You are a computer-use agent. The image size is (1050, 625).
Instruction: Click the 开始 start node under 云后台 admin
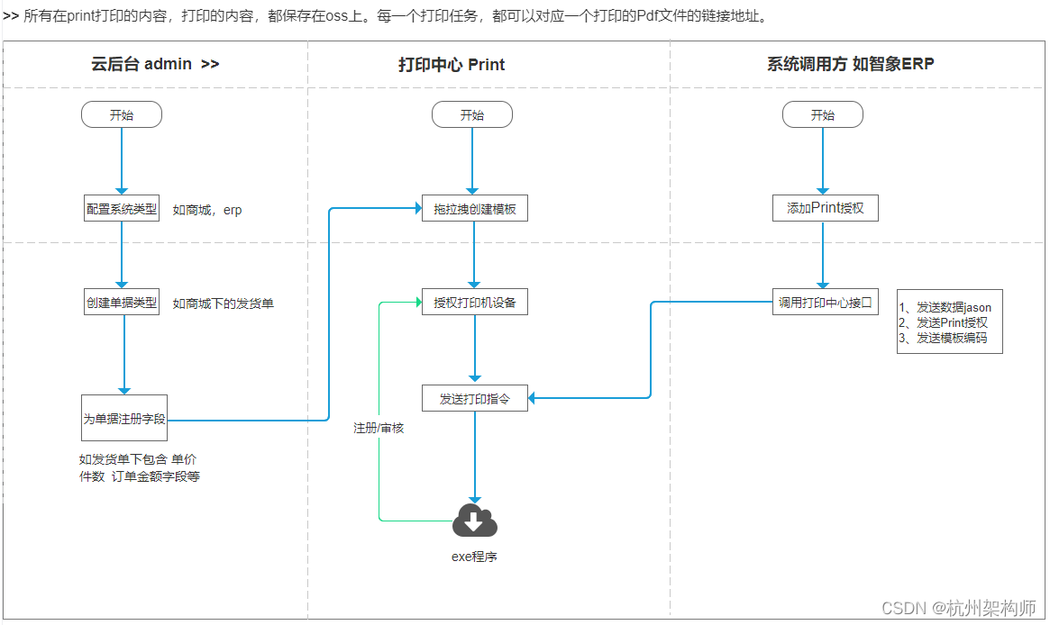coord(121,114)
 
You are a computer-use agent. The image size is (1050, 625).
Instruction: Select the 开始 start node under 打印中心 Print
coord(471,114)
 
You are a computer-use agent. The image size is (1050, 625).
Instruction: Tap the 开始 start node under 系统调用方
coord(822,114)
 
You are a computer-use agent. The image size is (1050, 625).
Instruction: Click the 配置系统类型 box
coord(122,209)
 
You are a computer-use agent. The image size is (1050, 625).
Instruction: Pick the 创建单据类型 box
coord(122,303)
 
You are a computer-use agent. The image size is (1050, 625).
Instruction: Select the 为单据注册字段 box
coord(124,420)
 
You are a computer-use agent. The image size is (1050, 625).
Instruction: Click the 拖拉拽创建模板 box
coord(475,209)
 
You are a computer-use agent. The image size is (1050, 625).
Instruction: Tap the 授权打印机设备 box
coord(475,303)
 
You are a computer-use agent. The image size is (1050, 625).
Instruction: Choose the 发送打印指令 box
coord(475,398)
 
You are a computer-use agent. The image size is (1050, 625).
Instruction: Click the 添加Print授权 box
coord(825,208)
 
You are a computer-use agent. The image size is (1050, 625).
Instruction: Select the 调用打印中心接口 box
coord(826,303)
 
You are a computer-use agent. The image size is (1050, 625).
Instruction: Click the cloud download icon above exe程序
coord(475,521)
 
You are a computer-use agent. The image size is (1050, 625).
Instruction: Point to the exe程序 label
coord(474,557)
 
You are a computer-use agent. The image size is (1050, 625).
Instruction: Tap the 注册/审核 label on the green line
coord(379,428)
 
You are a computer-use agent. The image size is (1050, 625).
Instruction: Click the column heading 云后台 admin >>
coord(155,64)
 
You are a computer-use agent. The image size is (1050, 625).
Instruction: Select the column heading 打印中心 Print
coord(452,65)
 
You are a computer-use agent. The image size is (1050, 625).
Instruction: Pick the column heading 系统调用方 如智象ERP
coord(850,64)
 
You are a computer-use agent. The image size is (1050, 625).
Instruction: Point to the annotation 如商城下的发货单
coord(223,303)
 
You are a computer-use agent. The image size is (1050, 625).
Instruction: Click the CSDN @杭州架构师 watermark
coord(958,608)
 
